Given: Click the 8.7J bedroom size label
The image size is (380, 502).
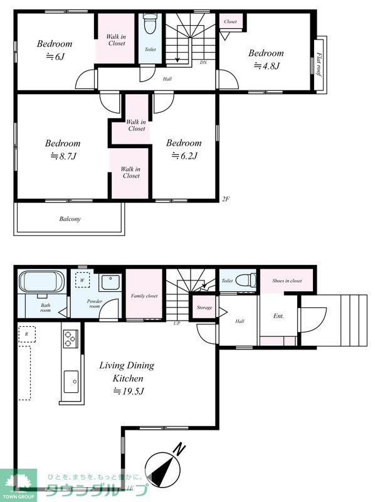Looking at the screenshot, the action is click(63, 156).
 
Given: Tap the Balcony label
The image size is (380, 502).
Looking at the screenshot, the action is click(70, 219).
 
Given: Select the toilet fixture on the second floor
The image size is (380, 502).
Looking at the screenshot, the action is click(150, 23).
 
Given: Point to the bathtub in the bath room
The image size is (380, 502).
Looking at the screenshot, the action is click(41, 282).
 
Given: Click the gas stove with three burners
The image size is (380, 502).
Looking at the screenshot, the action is click(71, 339).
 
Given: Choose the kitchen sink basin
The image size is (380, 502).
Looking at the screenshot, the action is click(71, 382).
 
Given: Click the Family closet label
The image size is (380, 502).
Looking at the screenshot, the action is click(144, 296).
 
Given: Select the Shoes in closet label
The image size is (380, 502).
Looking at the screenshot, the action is click(287, 280).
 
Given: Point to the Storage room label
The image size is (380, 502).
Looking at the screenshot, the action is click(204, 307).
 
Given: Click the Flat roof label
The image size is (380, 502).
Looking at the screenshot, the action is click(319, 64).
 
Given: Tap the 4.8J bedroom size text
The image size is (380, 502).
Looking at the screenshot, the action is click(267, 67).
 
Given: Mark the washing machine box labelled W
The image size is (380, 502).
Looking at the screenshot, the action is click(83, 280).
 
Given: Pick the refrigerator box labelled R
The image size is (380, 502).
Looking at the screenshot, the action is click(26, 334).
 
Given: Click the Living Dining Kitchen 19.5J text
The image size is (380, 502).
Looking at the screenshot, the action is click(127, 378).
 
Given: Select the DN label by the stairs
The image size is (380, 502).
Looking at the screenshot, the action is click(203, 62).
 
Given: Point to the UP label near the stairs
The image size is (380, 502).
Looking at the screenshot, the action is click(177, 323).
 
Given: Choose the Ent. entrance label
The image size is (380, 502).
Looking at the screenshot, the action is click(278, 316).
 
